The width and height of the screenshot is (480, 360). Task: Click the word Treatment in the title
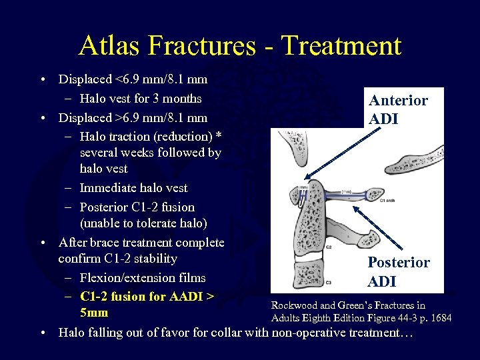[x=341, y=45]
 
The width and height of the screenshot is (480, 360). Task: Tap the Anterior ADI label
[x=398, y=109]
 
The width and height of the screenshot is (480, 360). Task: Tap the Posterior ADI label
[x=399, y=271]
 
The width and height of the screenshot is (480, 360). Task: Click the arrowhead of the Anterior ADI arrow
[x=303, y=179]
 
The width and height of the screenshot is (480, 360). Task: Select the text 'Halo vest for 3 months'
[x=140, y=99]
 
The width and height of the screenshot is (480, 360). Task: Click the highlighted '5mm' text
[x=94, y=313]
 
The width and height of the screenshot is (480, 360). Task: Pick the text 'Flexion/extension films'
[x=142, y=277]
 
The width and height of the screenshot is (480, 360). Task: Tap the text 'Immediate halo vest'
[x=133, y=188]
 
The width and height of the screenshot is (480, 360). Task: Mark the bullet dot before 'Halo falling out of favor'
[x=43, y=332]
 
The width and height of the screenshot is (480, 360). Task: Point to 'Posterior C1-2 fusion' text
[x=137, y=207]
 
